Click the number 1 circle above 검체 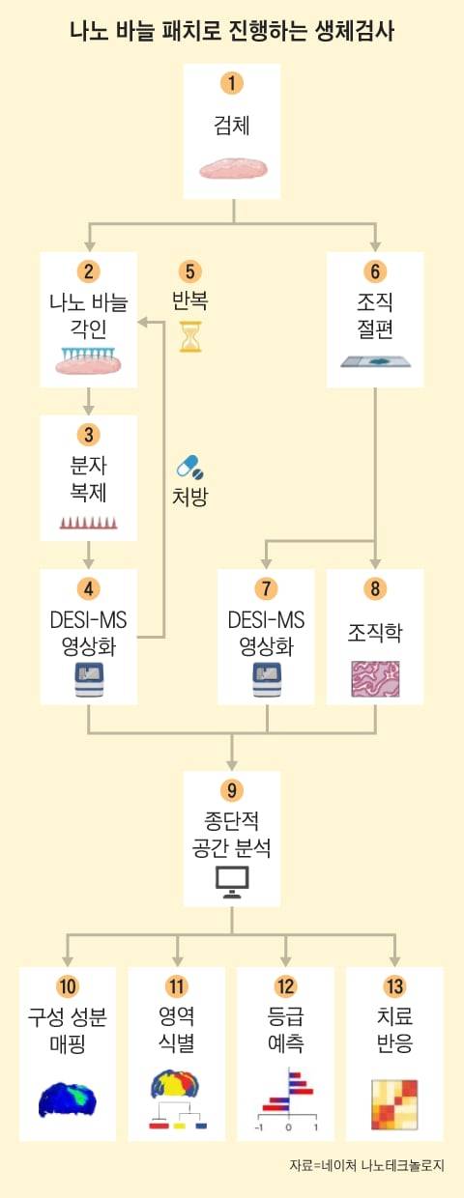tap(231, 83)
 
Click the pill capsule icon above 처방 tap(190, 469)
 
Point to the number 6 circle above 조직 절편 tap(375, 271)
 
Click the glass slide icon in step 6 tap(375, 362)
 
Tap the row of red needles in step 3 tap(88, 523)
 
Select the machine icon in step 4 tap(88, 679)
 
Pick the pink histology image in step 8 tap(375, 680)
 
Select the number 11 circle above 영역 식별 tap(177, 986)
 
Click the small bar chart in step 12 tap(287, 1101)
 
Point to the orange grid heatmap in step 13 tap(395, 1103)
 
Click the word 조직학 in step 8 tap(375, 633)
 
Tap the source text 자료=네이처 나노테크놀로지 tap(366, 1165)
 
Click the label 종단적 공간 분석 tap(232, 837)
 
